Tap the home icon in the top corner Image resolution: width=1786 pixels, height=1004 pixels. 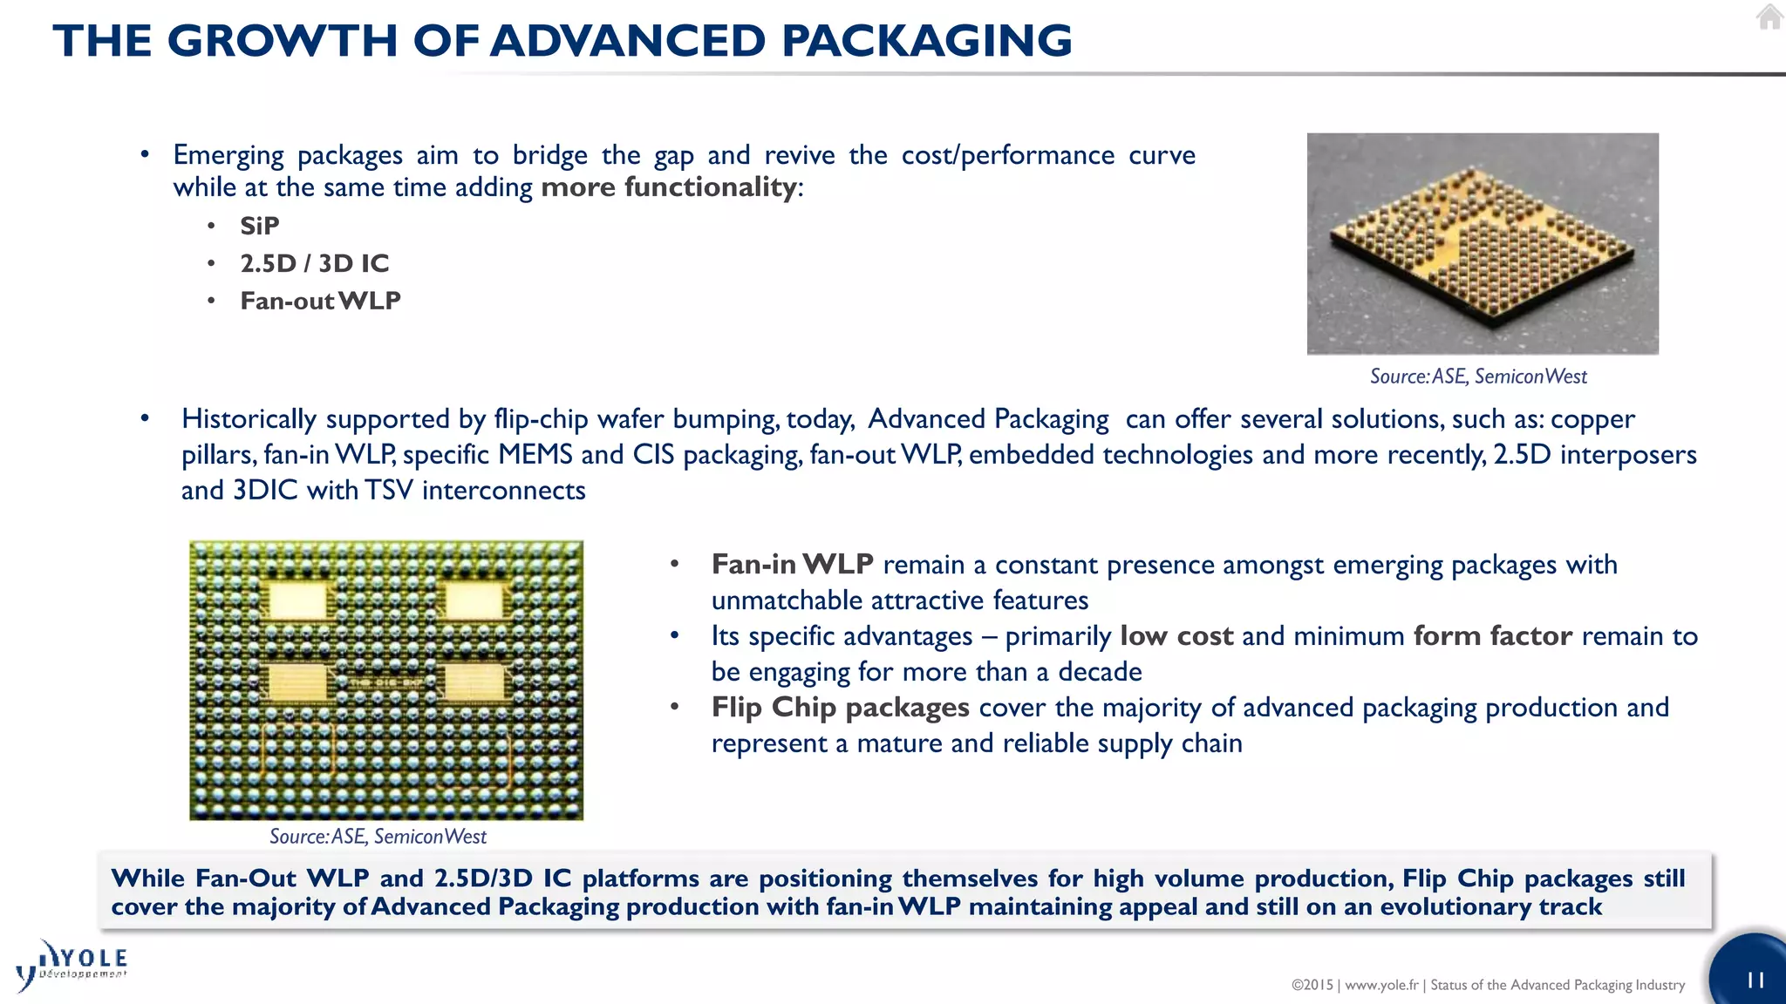[x=1769, y=17]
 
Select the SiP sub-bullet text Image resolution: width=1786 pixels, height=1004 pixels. [x=260, y=226]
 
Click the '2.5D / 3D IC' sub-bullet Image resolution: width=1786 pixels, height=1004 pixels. [x=314, y=263]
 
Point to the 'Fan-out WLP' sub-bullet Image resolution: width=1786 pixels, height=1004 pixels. [x=320, y=301]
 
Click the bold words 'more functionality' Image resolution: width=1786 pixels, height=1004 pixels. [x=668, y=187]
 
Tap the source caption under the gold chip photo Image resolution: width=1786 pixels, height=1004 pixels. [x=1478, y=376]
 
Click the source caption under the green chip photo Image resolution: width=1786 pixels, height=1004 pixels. [x=378, y=837]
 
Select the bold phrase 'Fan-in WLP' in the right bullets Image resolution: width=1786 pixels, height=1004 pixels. [x=792, y=565]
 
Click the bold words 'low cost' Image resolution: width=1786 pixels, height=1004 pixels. [x=1176, y=636]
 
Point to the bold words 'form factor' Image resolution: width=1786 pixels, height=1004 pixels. [x=1492, y=636]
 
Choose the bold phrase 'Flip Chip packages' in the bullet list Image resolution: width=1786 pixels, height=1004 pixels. [x=840, y=708]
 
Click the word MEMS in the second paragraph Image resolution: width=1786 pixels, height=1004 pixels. [x=535, y=455]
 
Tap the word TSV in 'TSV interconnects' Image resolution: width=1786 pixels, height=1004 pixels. [x=388, y=491]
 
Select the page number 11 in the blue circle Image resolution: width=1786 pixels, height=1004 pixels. [x=1755, y=980]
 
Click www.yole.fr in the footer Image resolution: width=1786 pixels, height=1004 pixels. [x=1381, y=985]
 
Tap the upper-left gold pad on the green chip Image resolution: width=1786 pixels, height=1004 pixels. [x=297, y=600]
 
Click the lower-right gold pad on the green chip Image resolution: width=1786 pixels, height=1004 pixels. [x=474, y=682]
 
